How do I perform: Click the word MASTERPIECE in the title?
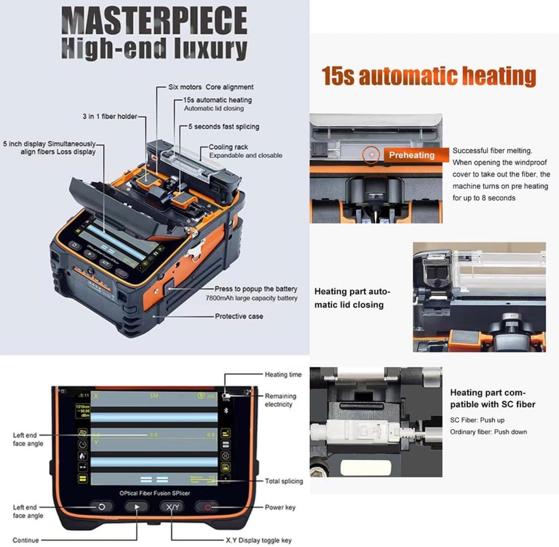[x=155, y=21]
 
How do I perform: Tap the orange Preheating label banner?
[x=411, y=155]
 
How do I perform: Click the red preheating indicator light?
[x=371, y=154]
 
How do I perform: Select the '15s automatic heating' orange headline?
[x=429, y=76]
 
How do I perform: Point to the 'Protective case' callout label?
[x=239, y=316]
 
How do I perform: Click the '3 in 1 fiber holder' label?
[x=110, y=116]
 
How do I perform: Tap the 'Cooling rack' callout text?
[x=228, y=147]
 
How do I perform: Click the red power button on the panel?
[x=208, y=507]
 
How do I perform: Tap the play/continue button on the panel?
[x=137, y=507]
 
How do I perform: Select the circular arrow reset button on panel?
[x=101, y=507]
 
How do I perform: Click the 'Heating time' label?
[x=283, y=374]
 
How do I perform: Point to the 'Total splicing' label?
[x=284, y=481]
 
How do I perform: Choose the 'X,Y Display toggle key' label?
[x=259, y=540]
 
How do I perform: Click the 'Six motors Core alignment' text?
[x=211, y=87]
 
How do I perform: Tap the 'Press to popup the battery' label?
[x=256, y=289]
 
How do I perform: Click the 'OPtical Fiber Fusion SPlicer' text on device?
[x=155, y=493]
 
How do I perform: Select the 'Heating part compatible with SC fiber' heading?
[x=492, y=398]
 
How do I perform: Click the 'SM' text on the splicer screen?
[x=154, y=396]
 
